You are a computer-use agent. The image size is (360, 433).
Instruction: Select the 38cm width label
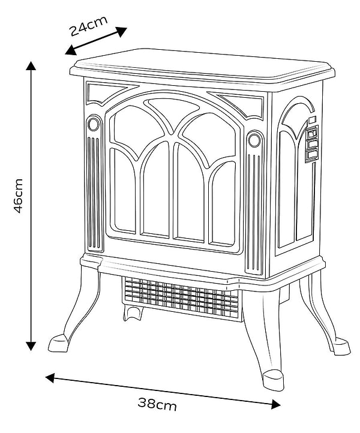tap(158, 405)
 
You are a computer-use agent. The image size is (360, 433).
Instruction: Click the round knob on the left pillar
tap(93, 125)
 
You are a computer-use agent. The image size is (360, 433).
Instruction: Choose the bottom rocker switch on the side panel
tap(311, 155)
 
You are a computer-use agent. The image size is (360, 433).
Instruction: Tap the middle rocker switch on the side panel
tap(311, 144)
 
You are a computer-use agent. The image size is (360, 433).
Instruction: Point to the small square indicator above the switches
tap(311, 120)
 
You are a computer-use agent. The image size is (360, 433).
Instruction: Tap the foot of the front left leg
tap(60, 344)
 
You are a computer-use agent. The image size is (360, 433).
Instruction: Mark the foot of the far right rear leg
tap(341, 346)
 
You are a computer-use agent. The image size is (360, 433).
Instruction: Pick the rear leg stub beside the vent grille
tap(133, 312)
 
